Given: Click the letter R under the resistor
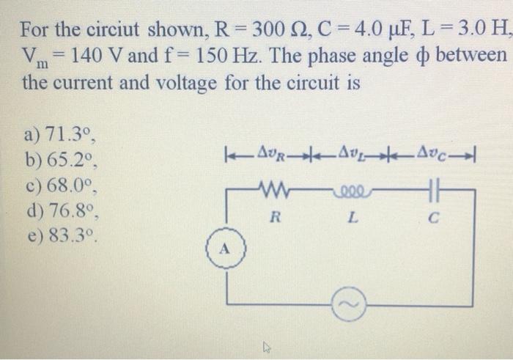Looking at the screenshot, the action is (275, 217).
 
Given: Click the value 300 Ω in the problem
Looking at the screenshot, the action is (267, 31).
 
